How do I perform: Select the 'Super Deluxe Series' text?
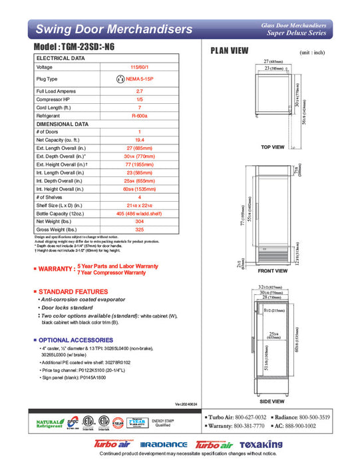(297, 33)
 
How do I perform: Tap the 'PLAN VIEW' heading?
(230, 51)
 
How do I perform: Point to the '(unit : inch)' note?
(313, 51)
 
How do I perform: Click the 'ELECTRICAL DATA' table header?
(61, 58)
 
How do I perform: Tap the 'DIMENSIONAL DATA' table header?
(63, 124)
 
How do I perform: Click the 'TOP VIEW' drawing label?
(272, 146)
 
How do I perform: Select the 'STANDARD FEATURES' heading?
(73, 292)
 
